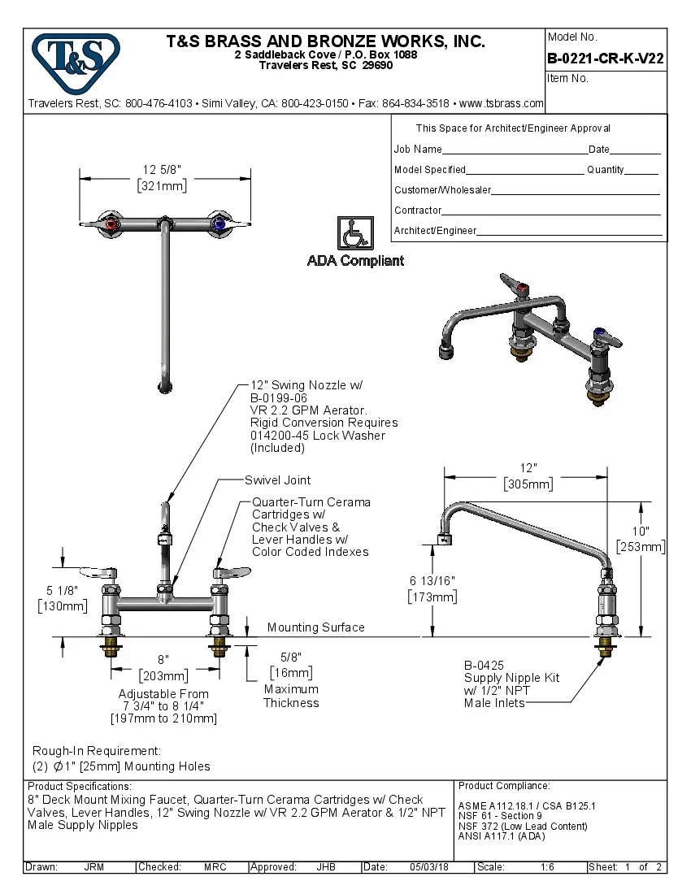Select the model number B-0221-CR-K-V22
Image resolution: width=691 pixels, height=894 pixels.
point(606,59)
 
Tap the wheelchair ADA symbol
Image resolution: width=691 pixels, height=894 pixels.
point(355,234)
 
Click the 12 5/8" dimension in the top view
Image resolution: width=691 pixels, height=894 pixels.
point(162,170)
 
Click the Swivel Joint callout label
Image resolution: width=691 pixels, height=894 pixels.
point(278,480)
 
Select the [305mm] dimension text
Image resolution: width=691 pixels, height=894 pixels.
point(529,484)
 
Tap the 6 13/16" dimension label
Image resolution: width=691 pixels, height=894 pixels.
point(432,580)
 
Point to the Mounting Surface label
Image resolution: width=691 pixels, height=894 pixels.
point(316,627)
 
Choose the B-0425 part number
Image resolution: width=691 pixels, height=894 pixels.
point(485,666)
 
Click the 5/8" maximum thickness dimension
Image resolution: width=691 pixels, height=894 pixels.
point(290,657)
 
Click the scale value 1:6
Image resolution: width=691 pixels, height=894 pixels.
point(547,867)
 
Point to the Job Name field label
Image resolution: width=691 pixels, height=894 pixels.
point(418,150)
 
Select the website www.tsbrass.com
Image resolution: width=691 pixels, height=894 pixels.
point(501,103)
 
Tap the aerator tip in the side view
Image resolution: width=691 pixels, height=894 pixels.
point(445,539)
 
